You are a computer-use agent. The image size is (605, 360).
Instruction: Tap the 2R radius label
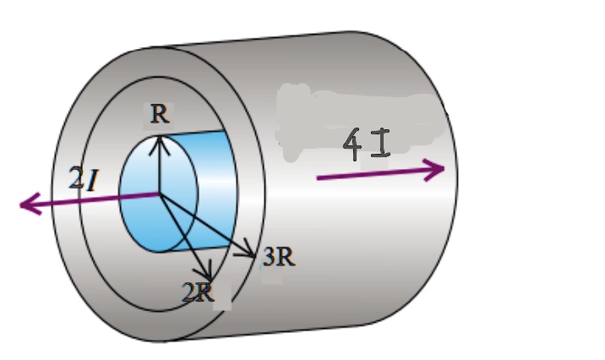tap(198, 293)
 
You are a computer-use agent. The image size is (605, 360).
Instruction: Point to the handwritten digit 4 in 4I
tap(353, 146)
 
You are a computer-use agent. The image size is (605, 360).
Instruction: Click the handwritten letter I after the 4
tap(381, 145)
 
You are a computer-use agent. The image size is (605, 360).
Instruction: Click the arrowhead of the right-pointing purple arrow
tap(438, 169)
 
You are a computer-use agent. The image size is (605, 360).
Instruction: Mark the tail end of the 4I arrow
tap(318, 178)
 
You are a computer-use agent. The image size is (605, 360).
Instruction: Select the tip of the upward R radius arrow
tap(157, 138)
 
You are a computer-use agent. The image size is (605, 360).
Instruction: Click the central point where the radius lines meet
tap(158, 194)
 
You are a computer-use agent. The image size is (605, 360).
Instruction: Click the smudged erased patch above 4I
tap(355, 110)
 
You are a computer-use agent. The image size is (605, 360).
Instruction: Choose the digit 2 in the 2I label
tap(76, 179)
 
